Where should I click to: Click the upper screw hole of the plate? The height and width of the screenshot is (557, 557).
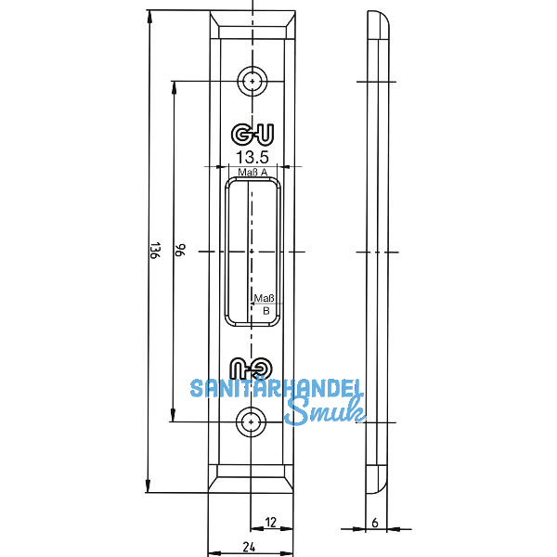pos(251,81)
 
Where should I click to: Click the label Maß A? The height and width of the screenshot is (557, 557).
pos(252,173)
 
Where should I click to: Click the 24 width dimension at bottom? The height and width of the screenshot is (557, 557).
pos(250,548)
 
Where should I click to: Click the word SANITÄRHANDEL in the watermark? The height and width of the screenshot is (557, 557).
pos(277,388)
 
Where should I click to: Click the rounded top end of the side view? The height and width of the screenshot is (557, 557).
pos(377,22)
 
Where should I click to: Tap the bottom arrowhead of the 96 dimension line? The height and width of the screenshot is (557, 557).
pos(173,417)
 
